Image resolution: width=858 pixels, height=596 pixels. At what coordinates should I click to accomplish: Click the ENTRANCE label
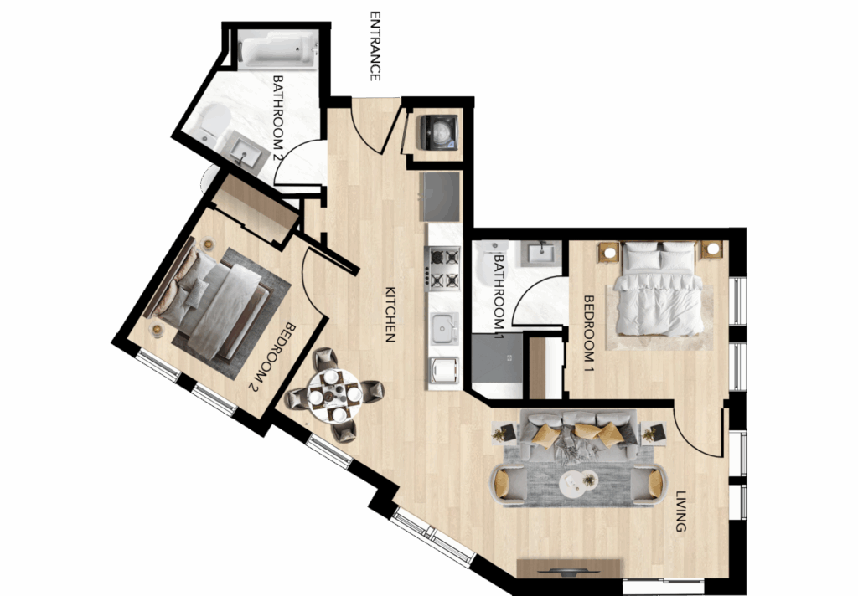tap(375, 46)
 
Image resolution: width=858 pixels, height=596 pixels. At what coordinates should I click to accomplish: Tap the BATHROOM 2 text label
tap(278, 118)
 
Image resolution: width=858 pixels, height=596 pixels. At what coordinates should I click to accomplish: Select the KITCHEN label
tap(390, 315)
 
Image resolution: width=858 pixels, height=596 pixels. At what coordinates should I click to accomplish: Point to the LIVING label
tap(680, 511)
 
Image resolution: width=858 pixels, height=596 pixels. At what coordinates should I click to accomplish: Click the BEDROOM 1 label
tap(589, 333)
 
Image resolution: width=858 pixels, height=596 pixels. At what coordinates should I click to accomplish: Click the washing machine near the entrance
tap(437, 131)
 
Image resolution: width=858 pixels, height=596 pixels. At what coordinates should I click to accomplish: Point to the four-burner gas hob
tap(443, 268)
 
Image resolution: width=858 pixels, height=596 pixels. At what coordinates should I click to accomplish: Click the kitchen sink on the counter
tap(444, 329)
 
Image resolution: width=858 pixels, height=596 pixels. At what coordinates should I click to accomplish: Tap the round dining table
tap(333, 394)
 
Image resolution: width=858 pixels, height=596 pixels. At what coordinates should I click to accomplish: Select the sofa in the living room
tap(578, 434)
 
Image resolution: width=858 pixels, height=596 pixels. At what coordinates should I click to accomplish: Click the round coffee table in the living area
tap(578, 484)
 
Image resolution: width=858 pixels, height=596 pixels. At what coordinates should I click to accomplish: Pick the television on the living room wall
tap(568, 572)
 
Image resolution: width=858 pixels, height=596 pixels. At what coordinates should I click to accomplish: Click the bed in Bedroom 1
tap(659, 288)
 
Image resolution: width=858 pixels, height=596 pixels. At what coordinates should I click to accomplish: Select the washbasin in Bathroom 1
tap(541, 253)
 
